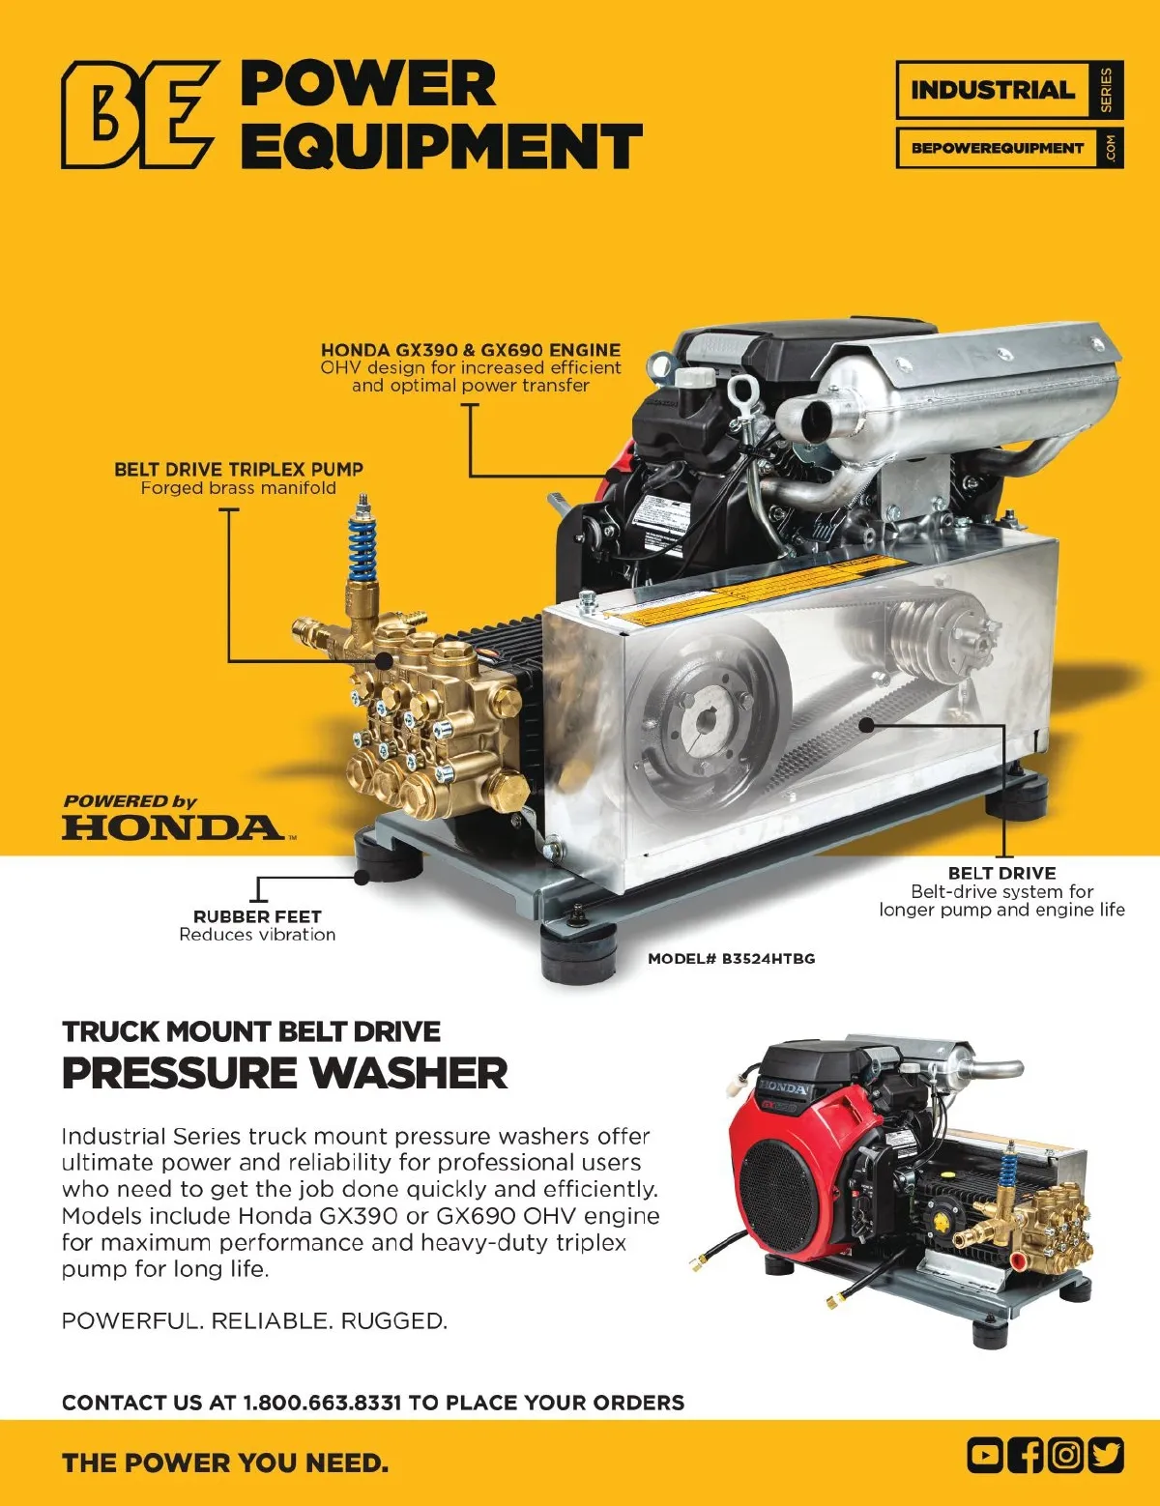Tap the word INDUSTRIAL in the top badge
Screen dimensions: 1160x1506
[x=993, y=90]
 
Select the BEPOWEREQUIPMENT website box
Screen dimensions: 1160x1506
[x=1009, y=148]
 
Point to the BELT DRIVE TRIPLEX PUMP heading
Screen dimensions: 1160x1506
[x=239, y=469]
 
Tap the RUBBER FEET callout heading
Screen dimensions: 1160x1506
[x=257, y=916]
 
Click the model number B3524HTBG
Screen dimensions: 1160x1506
[x=732, y=959]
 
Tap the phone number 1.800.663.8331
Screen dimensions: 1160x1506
[x=322, y=1402]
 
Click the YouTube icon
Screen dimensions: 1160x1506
[x=985, y=1456]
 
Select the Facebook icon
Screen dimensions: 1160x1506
[x=1025, y=1456]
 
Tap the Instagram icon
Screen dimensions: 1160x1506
[x=1065, y=1456]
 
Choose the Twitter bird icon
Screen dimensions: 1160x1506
[x=1106, y=1456]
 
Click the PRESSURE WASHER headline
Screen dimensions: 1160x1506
[x=285, y=1074]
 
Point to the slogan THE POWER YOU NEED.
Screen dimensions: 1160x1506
[x=225, y=1463]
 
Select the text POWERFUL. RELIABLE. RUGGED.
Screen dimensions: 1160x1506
[x=254, y=1321]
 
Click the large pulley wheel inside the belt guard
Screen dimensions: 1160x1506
[x=707, y=721]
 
